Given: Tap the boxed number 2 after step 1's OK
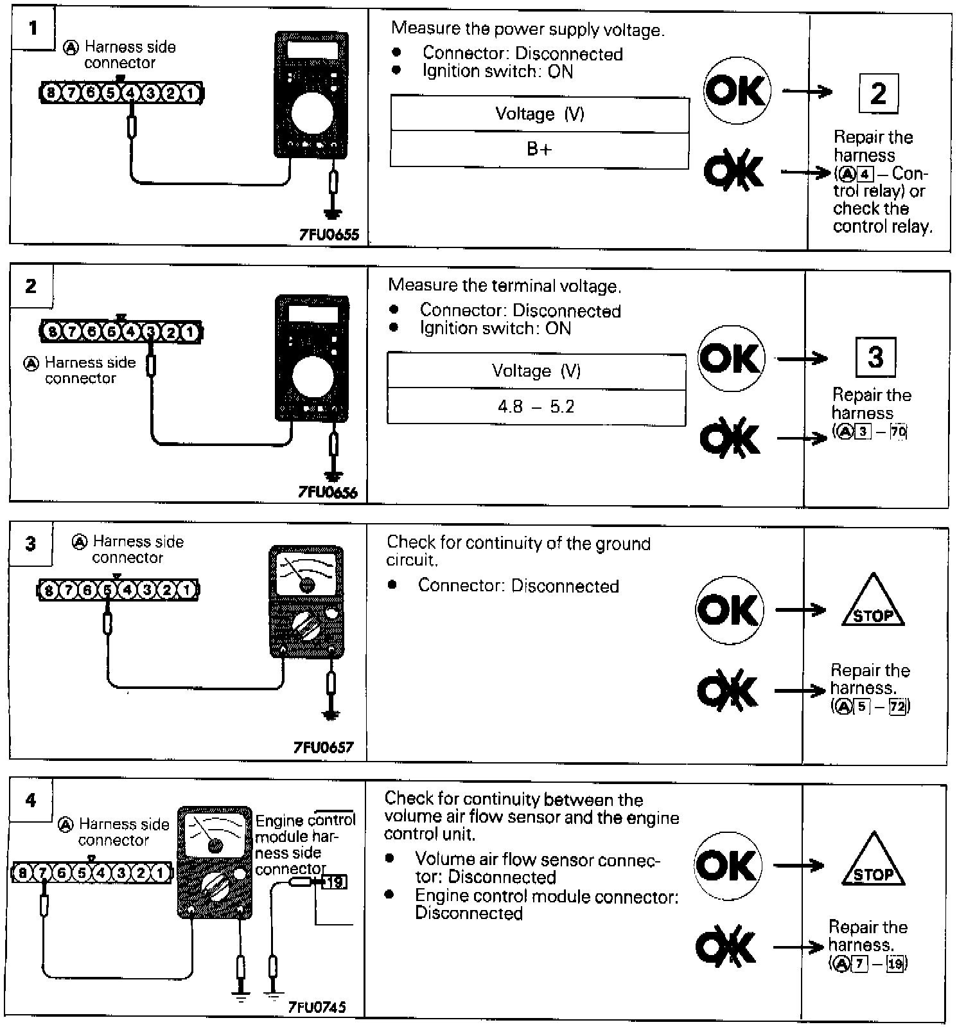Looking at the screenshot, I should point(878,94).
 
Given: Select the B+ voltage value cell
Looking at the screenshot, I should point(540,150).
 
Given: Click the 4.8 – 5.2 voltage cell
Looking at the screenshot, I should point(536,407).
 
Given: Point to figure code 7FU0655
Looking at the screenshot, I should point(329,235).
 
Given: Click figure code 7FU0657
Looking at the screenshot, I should point(324,747).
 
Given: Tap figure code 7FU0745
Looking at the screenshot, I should point(317,1006).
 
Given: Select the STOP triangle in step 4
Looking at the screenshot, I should point(874,862).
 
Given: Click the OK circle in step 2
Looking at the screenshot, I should point(731,359).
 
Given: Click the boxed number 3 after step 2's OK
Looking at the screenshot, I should point(875,357).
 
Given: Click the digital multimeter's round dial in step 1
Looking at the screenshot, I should point(312,114).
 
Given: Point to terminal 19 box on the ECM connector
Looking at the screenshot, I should point(333,882).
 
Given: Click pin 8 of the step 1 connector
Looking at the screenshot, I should point(49,93).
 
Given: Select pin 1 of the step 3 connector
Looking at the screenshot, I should point(186,589).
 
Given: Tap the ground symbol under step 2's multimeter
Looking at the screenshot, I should point(333,476).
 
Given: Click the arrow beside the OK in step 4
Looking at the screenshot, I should point(799,866).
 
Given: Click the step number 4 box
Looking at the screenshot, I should point(31,801).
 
